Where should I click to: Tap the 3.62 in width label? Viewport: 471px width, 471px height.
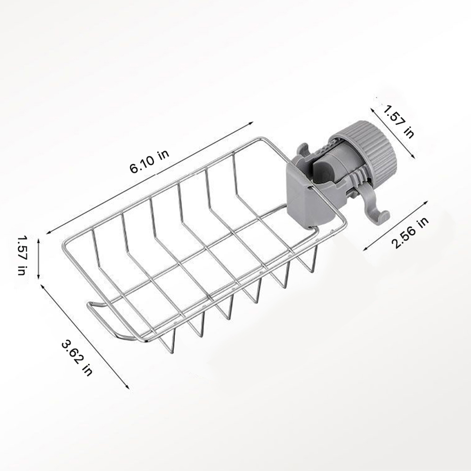click(77, 357)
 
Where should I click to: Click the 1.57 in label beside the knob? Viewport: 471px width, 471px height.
click(398, 121)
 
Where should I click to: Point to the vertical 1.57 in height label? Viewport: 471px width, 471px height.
click(21, 255)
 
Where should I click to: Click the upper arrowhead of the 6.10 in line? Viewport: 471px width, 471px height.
click(251, 123)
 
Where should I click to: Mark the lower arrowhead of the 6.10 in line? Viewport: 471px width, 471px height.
click(48, 232)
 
